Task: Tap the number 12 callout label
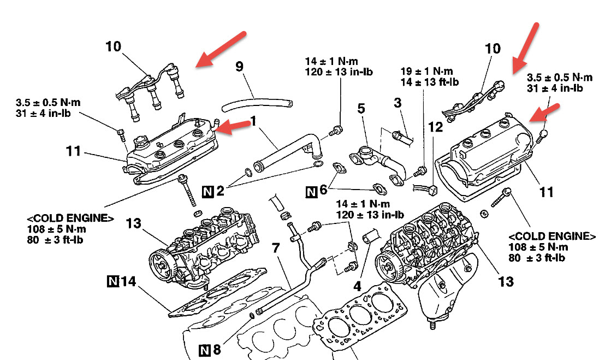(436, 127)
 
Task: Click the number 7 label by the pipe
(276, 249)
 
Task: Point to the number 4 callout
(358, 285)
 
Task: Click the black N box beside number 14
(113, 282)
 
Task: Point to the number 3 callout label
(398, 102)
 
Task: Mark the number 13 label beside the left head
(134, 223)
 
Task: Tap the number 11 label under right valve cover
(546, 192)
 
